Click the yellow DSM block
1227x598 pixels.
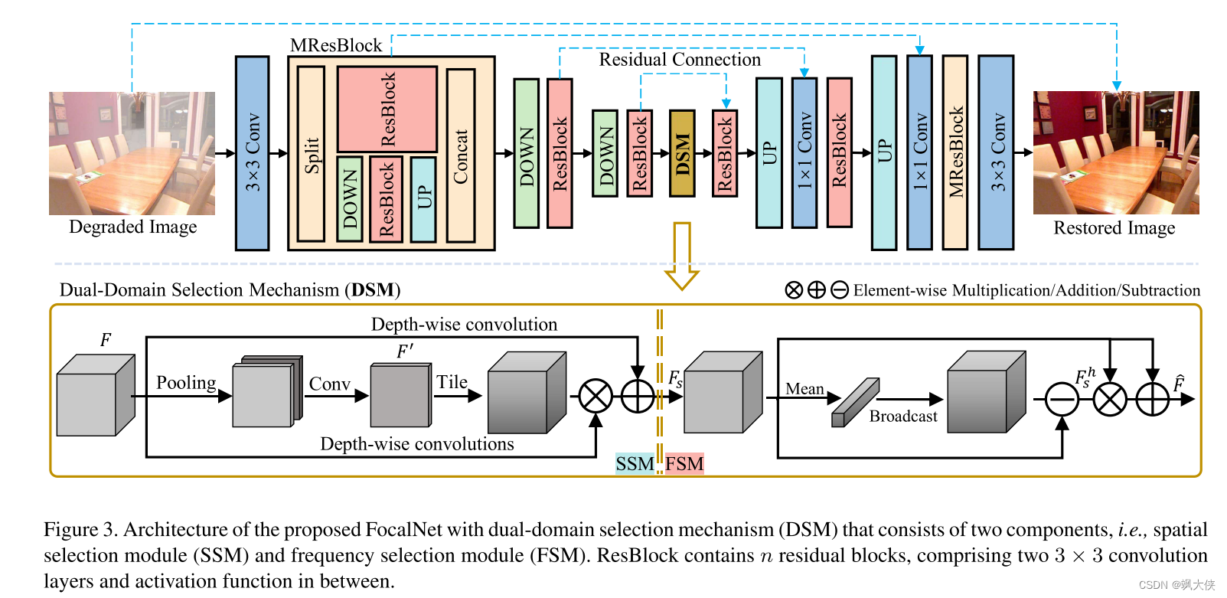tap(682, 153)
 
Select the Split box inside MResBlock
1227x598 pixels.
tap(311, 154)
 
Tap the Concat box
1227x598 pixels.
tap(461, 155)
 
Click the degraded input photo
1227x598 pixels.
tap(132, 153)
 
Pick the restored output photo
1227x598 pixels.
tap(1115, 152)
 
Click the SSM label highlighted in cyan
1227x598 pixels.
tap(635, 464)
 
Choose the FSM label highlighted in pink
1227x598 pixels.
tap(684, 464)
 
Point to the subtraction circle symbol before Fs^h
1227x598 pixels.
tap(1062, 399)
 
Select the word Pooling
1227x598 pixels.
tap(186, 382)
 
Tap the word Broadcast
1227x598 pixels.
tap(903, 417)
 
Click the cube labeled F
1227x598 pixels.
tap(95, 395)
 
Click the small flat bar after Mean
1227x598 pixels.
tap(855, 403)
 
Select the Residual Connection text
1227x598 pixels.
tap(680, 60)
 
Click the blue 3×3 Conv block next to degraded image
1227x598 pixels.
tap(252, 153)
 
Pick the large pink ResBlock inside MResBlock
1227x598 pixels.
tap(387, 109)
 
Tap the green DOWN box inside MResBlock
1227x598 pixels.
tap(350, 199)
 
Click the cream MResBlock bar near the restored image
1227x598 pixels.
tap(955, 152)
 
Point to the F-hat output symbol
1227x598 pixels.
tap(1178, 384)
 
